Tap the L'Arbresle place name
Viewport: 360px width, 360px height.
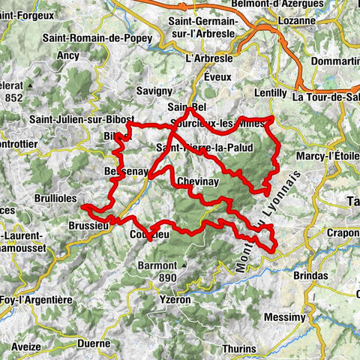209,57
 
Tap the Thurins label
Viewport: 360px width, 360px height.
238,349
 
